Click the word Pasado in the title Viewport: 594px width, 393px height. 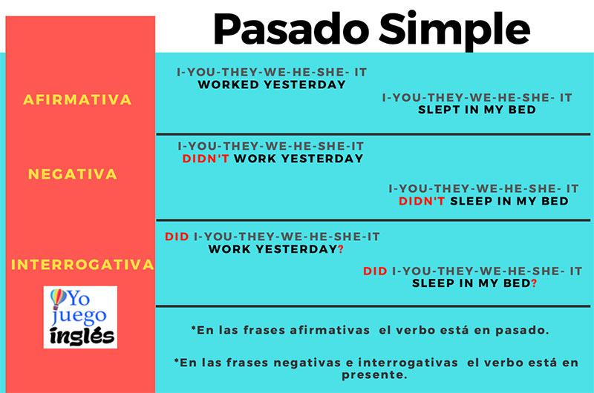point(291,29)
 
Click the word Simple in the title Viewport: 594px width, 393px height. point(454,31)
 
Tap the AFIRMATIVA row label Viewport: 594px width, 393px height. point(77,99)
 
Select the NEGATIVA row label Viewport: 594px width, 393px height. point(73,174)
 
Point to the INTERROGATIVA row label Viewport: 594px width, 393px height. point(82,265)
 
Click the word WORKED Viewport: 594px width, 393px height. point(229,85)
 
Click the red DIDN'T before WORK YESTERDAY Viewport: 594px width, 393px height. point(206,159)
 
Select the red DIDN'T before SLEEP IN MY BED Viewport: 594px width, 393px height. point(422,201)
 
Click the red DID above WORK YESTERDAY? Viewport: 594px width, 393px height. point(177,237)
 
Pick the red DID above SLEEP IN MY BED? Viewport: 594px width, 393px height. point(375,271)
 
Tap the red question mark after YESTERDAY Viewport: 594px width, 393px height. point(341,249)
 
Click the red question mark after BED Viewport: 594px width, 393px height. point(534,283)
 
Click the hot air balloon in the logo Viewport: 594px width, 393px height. point(58,298)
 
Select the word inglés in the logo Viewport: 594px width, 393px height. point(82,336)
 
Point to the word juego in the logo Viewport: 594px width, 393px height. point(79,316)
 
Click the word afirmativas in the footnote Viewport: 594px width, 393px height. point(330,330)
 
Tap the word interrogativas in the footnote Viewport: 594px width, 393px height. point(408,363)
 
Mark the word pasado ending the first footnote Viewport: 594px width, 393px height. point(520,331)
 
